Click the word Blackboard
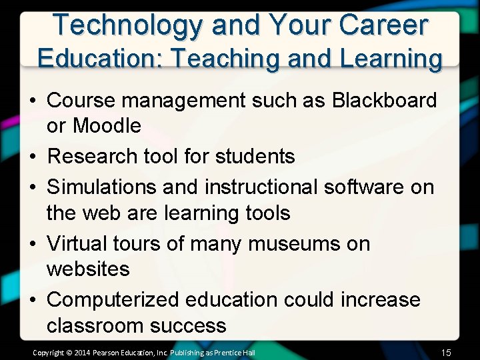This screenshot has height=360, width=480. (385, 101)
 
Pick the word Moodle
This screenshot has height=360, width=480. (107, 125)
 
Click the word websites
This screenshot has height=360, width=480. (88, 269)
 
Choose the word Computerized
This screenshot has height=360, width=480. (114, 299)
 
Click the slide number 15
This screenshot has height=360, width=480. (447, 351)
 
